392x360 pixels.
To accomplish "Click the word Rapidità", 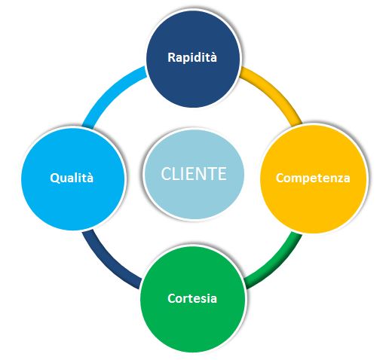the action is pyautogui.click(x=192, y=57).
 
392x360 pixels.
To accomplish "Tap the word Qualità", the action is pyautogui.click(x=72, y=178).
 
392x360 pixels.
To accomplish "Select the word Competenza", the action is pyautogui.click(x=313, y=178).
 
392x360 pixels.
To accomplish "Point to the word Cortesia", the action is pyautogui.click(x=192, y=298).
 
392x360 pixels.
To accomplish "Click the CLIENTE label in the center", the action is pyautogui.click(x=194, y=174).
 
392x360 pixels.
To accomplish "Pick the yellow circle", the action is pyautogui.click(x=313, y=178).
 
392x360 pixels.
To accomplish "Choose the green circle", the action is pyautogui.click(x=192, y=298).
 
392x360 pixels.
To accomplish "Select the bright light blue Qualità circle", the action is pyautogui.click(x=73, y=178).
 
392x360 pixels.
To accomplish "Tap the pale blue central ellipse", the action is pyautogui.click(x=194, y=174).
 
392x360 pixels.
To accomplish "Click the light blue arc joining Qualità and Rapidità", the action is pyautogui.click(x=109, y=93).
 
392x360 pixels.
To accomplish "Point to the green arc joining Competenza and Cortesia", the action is pyautogui.click(x=277, y=264).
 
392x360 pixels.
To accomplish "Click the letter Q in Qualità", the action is pyautogui.click(x=54, y=178).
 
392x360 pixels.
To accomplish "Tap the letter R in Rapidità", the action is pyautogui.click(x=172, y=57).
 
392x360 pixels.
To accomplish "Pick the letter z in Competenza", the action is pyautogui.click(x=338, y=178).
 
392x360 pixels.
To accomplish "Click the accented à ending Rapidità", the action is pyautogui.click(x=213, y=57).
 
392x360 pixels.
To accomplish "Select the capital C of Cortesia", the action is pyautogui.click(x=172, y=298).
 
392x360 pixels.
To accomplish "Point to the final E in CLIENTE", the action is pyautogui.click(x=222, y=174).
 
